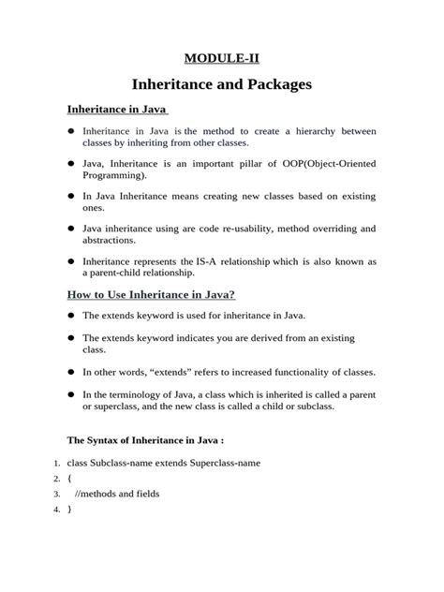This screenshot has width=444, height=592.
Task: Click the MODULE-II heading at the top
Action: click(x=222, y=59)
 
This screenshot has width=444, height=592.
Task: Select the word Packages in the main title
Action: click(x=274, y=85)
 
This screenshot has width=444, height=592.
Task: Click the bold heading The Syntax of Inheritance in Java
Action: click(x=143, y=439)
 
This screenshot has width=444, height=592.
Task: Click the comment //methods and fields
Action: click(x=113, y=493)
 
